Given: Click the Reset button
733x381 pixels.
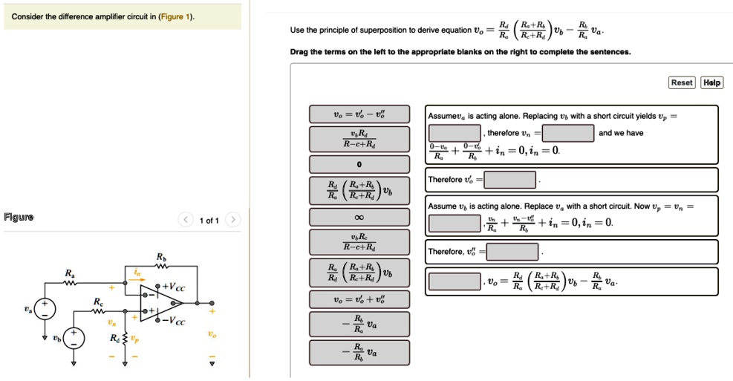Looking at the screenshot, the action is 682,82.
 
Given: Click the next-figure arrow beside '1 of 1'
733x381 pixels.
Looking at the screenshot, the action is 233,220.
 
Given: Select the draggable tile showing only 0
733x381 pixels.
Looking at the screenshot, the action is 359,164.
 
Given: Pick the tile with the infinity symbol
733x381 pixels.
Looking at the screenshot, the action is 359,217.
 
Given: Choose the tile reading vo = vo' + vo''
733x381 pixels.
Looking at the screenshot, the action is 359,299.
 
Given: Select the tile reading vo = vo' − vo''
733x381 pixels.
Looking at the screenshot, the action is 359,114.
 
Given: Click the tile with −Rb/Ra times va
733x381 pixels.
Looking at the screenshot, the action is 359,323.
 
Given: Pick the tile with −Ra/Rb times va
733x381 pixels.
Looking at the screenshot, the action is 359,353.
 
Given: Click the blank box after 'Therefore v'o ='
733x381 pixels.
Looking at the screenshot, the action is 510,180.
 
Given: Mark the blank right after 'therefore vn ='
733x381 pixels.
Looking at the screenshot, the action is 568,133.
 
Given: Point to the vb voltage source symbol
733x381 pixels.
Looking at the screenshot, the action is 74,339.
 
